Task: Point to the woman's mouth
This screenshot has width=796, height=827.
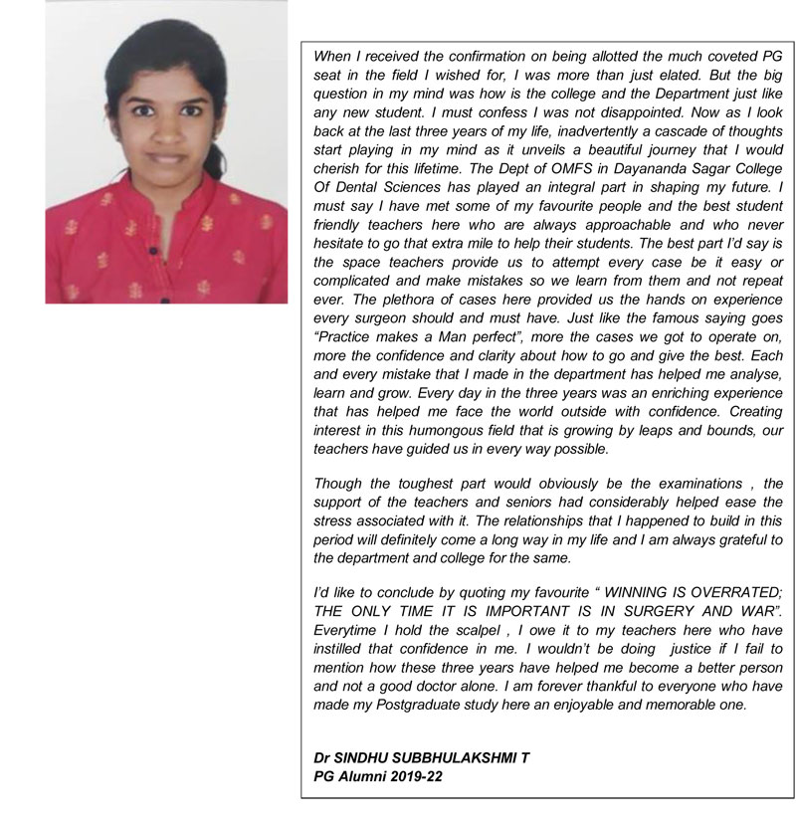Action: pos(166,157)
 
